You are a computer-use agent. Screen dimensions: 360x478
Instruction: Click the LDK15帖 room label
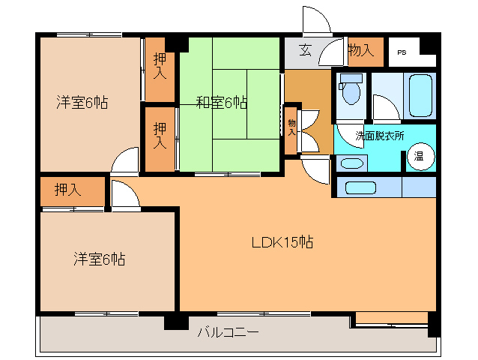point(282,242)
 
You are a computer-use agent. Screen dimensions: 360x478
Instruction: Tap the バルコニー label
point(228,331)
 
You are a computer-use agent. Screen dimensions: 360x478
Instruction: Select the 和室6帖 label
point(223,102)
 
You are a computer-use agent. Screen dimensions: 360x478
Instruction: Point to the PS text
point(402,52)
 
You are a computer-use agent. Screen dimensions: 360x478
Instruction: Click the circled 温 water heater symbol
point(420,157)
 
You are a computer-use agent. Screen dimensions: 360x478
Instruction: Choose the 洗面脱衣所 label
point(379,136)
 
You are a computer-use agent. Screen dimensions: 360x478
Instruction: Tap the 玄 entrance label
point(306,51)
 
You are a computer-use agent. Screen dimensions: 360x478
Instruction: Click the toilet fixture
point(349,91)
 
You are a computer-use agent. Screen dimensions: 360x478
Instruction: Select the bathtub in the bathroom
point(420,95)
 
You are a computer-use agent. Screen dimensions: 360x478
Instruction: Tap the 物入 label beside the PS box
point(360,51)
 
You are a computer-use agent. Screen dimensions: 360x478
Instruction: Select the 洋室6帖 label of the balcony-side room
point(99,259)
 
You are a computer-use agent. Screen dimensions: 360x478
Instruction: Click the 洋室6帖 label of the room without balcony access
point(81,102)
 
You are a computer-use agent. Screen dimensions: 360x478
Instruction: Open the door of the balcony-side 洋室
point(124,195)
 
